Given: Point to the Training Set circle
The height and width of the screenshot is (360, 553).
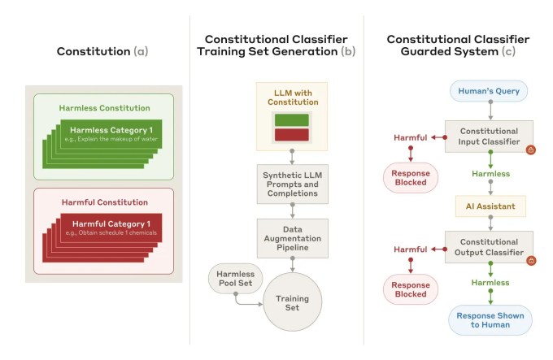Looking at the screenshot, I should [x=291, y=303].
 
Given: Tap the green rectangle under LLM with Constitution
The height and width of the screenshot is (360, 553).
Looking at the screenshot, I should [x=291, y=119].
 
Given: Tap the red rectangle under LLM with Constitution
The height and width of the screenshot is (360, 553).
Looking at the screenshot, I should [x=291, y=133].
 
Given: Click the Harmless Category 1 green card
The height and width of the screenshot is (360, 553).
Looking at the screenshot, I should [x=115, y=134].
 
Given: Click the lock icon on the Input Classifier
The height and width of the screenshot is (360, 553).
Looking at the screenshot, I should [x=530, y=150].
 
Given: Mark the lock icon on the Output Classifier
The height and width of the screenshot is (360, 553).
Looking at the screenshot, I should [x=530, y=261].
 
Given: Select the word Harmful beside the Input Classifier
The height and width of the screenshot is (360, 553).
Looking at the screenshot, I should [x=410, y=137].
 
